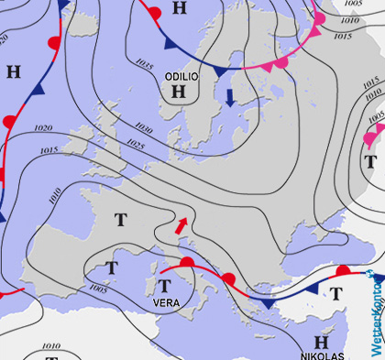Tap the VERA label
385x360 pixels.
coord(166,303)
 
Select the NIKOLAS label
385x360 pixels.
coord(322,355)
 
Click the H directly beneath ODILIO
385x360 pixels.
coord(178,92)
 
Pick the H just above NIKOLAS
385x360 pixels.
coord(321,340)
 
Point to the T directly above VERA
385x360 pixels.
coord(166,287)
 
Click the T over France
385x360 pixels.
coord(120,220)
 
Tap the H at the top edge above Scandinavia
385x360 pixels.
coord(179,8)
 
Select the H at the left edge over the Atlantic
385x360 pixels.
coord(13,71)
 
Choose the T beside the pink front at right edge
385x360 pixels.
coord(370,162)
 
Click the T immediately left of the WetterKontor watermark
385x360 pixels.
coord(336,294)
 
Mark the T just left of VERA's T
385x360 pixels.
coord(111,267)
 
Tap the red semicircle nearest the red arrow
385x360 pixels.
coord(186,263)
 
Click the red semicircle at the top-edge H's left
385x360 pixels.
coord(154,13)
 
